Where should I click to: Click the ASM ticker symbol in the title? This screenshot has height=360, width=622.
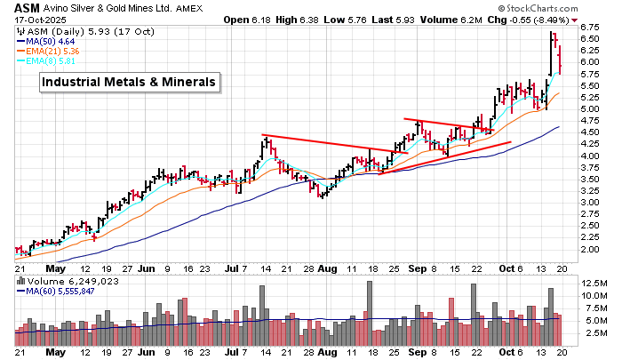point(26,7)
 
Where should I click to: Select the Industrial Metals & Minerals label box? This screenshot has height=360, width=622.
point(129,82)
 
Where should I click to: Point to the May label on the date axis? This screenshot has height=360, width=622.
point(57,267)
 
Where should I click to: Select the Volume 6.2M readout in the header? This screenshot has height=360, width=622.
point(459,20)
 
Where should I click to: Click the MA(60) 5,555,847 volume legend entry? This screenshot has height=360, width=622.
point(61,291)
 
